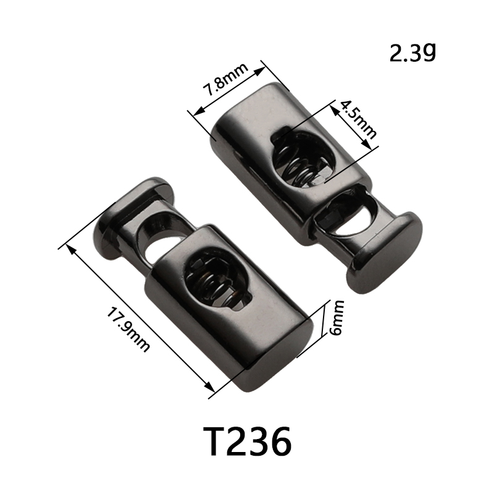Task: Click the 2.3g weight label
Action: point(412,52)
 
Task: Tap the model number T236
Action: point(248,442)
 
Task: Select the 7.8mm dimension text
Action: point(225,80)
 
